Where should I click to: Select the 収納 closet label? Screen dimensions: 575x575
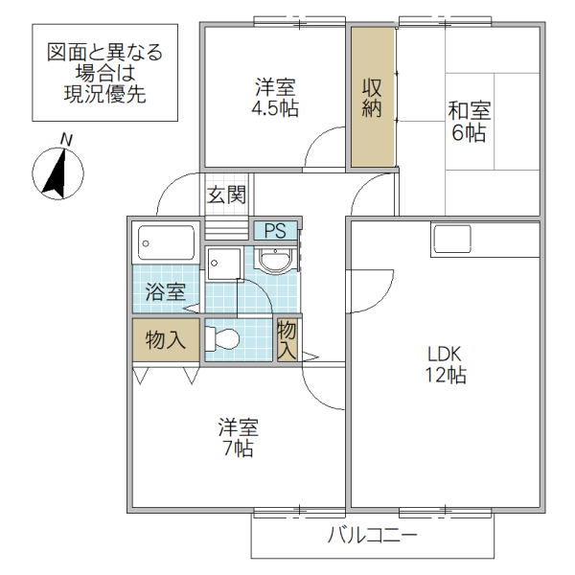372,97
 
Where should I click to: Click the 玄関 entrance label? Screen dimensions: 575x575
227,195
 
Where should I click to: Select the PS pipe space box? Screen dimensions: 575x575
275,230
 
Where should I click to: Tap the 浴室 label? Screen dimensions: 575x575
166,292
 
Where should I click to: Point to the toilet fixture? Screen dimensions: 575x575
222,338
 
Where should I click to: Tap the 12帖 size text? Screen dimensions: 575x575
446,376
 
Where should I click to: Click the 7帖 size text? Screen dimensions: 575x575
238,448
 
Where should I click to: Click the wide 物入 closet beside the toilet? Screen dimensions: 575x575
166,339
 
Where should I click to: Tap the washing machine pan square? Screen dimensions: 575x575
224,262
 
